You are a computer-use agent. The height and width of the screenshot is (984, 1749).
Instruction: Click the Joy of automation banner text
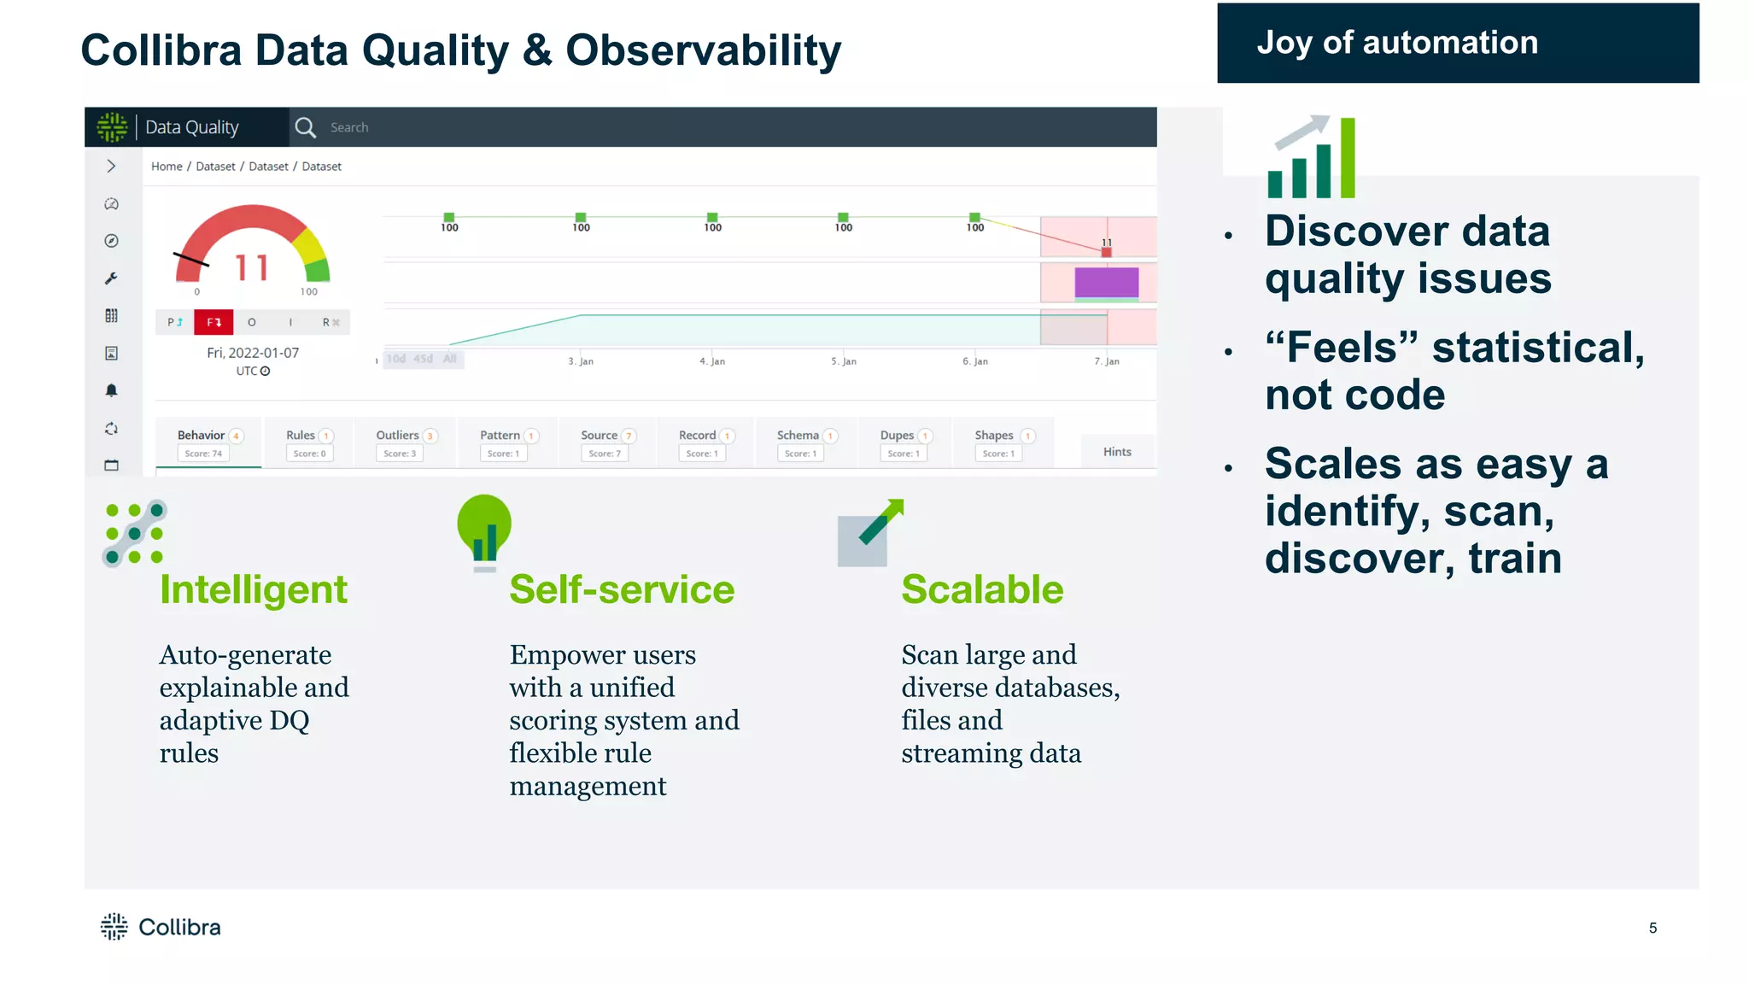1396,43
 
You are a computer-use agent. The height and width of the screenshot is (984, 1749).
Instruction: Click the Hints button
1116,452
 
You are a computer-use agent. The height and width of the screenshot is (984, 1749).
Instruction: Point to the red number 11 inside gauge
252,268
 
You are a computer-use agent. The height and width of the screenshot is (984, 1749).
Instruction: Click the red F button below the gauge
214,322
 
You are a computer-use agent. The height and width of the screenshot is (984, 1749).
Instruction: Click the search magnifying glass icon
305,127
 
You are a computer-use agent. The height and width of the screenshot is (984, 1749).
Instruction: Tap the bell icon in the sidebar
111,390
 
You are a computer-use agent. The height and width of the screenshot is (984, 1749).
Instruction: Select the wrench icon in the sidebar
111,278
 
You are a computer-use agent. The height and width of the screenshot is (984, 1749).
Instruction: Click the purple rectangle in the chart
1106,283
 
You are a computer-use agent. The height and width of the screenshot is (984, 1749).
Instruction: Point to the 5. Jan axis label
843,361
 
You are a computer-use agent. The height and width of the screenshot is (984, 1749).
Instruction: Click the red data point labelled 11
1106,252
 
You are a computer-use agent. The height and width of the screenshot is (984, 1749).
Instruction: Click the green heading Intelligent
253,589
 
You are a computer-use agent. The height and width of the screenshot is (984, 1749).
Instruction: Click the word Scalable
982,589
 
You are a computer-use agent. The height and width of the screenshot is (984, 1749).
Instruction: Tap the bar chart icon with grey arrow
1312,158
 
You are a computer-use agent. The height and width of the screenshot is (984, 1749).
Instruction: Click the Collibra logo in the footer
161,927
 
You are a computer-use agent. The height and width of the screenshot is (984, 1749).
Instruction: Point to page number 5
1652,928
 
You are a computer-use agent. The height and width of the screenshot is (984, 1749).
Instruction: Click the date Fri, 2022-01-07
253,353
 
